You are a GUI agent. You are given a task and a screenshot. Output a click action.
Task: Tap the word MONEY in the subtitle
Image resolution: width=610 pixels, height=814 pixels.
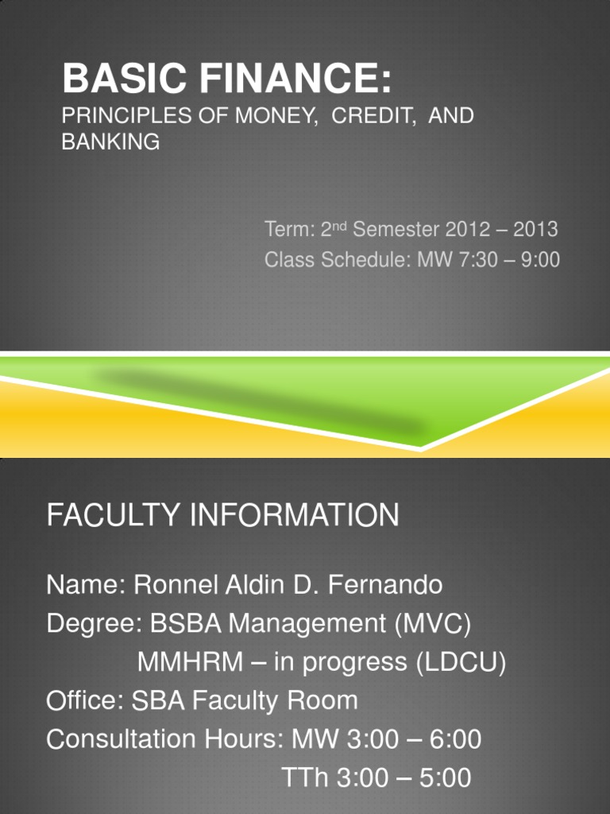point(276,115)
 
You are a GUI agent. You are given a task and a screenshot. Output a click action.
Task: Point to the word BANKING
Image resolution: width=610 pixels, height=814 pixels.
point(110,142)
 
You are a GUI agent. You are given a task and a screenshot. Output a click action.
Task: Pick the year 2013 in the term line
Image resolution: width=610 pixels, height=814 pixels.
point(535,230)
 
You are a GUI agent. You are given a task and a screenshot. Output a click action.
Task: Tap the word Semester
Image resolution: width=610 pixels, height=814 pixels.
point(396,230)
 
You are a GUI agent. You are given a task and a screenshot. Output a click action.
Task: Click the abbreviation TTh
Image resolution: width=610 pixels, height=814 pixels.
point(305,777)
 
